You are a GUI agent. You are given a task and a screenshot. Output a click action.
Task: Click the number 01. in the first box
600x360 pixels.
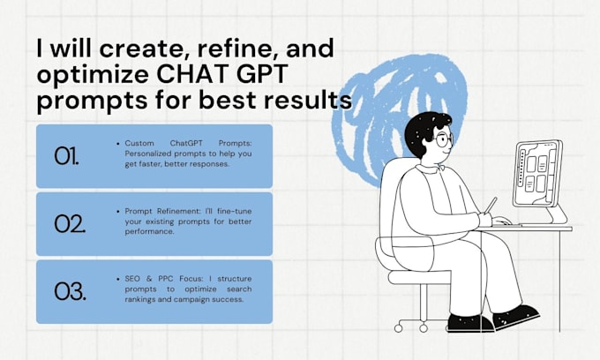point(67,155)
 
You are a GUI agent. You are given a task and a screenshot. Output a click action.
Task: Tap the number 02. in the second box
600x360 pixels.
point(69,223)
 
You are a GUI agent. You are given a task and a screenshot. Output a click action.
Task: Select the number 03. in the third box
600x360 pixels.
point(69,291)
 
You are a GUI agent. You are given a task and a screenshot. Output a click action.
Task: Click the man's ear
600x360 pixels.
point(425,144)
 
